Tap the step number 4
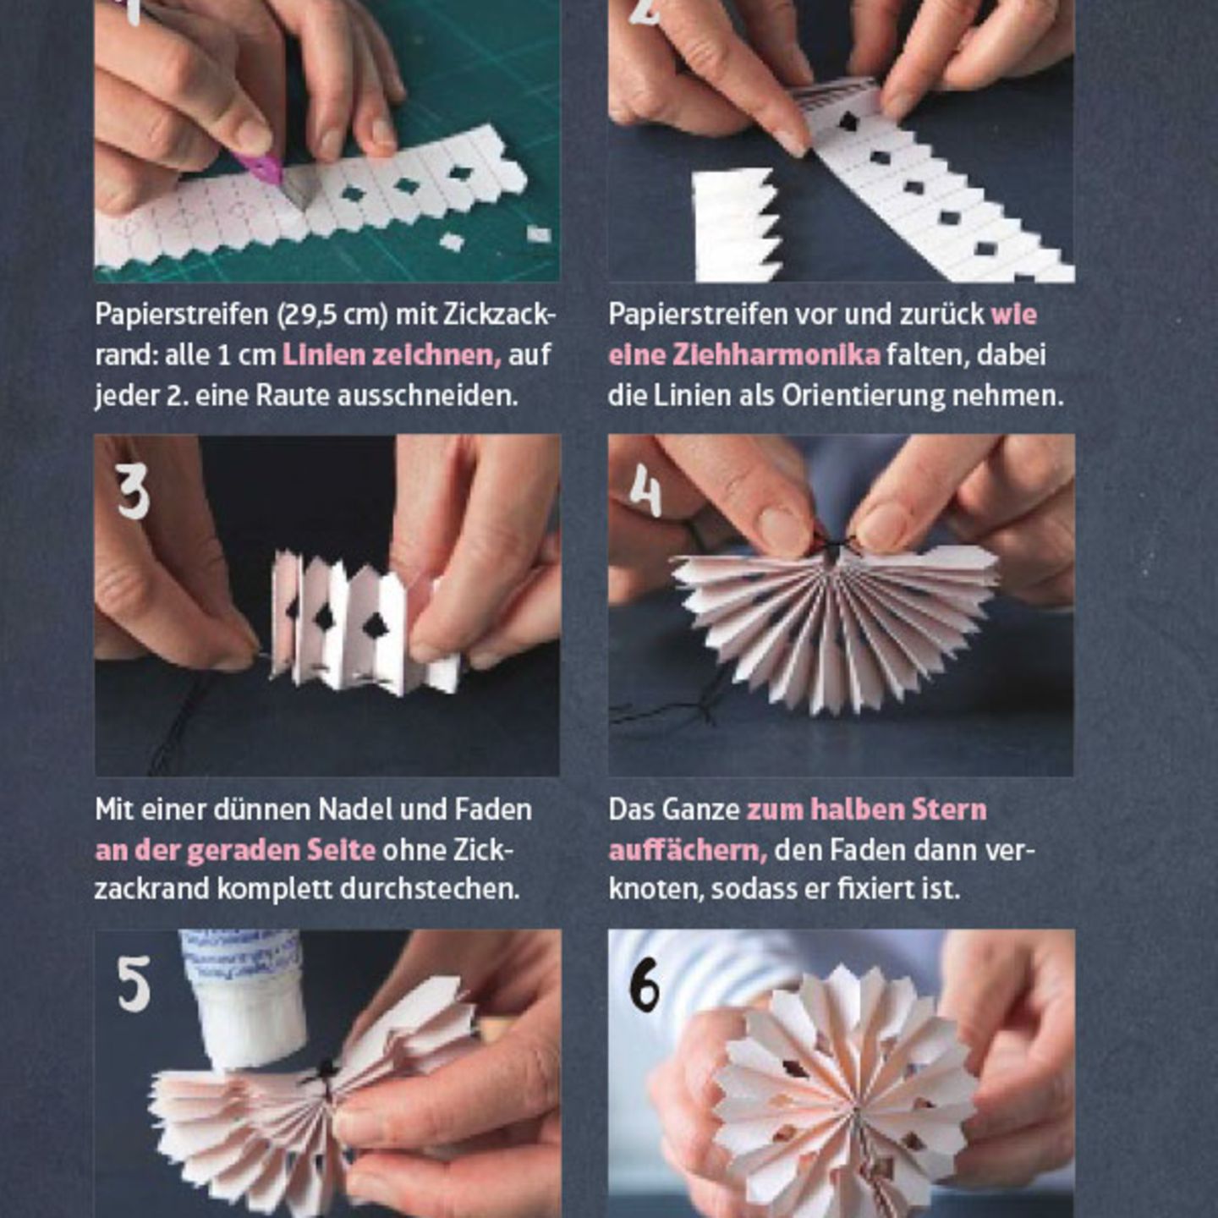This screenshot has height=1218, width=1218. coord(645,491)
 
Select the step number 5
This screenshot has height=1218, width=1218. coord(134,987)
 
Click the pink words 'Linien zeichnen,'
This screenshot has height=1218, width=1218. coord(392,356)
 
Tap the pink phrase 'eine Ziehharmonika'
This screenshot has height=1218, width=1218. coord(744,356)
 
